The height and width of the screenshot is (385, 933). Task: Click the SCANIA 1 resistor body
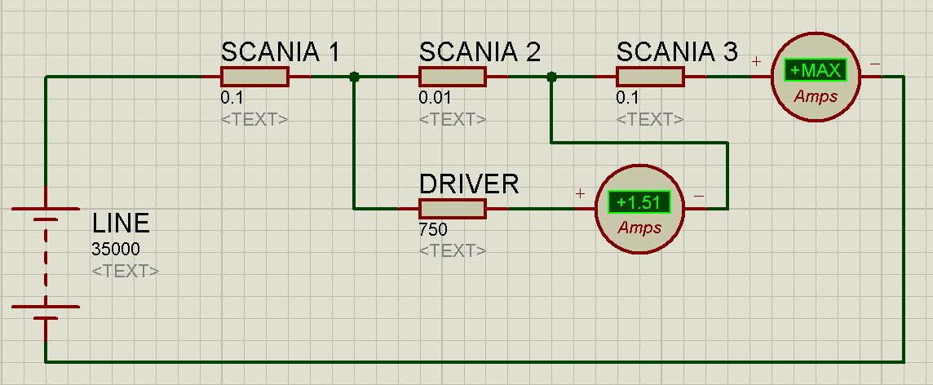254,77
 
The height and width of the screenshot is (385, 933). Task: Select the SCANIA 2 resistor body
453,77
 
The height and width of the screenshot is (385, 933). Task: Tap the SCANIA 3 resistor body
650,77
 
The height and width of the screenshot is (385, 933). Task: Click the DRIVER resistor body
453,209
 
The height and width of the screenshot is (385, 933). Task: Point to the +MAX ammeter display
816,71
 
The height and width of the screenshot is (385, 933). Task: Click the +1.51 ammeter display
639,202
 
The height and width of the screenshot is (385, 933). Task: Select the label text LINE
121,223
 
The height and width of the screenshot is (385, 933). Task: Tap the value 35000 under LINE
116,249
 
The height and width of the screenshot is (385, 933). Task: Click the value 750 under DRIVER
433,230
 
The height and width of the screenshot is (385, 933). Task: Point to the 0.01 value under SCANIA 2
435,98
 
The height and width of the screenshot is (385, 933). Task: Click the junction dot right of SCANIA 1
354,77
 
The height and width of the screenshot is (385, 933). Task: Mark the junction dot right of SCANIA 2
551,77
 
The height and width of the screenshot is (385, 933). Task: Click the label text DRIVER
469,184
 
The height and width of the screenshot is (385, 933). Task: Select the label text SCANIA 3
677,52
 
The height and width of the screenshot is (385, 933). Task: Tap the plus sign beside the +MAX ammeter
756,61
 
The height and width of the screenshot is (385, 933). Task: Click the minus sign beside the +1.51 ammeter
699,195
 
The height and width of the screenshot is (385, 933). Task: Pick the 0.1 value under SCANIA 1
232,98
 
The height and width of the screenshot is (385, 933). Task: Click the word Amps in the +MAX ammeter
816,96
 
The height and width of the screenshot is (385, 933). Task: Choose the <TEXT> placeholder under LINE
126,272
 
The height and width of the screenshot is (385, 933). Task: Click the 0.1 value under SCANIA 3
628,98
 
